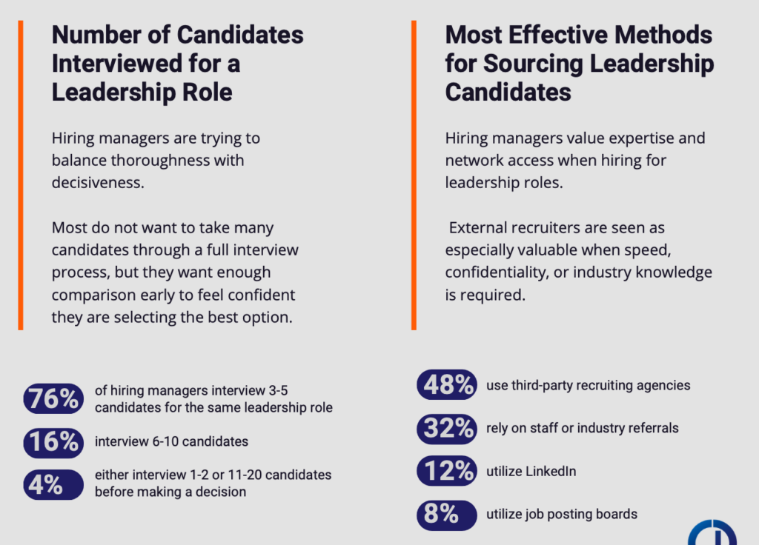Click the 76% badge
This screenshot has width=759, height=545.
pos(53,398)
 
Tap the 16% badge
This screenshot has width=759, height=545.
pos(53,441)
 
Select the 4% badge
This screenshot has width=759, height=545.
pos(53,484)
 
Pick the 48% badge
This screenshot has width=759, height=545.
pos(446,385)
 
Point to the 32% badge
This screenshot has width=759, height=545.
pos(446,427)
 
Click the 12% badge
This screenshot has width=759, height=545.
pos(446,471)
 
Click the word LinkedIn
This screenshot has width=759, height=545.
pos(551,471)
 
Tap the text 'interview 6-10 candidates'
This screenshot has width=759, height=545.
pos(171,441)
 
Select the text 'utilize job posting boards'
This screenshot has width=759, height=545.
pos(562,514)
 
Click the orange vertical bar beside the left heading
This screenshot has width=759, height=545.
pos(21,174)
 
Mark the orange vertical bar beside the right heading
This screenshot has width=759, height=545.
pos(414,174)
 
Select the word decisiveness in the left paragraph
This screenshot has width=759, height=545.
pos(97,182)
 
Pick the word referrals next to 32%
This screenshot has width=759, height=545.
pos(650,427)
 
